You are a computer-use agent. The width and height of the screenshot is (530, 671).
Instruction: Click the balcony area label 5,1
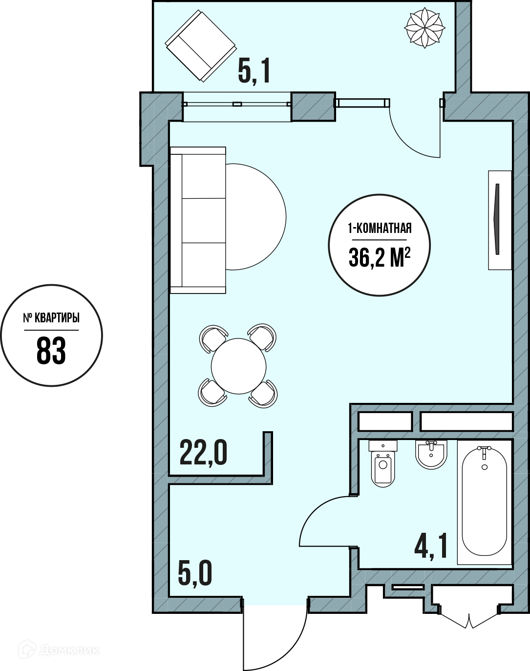pos(254,72)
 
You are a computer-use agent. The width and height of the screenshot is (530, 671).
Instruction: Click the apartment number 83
pos(51,351)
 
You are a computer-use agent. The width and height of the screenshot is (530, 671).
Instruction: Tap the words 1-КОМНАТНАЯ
pos(380,228)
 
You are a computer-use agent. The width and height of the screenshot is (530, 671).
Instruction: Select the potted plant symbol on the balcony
pos(424,28)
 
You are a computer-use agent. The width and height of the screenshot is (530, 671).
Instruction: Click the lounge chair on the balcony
pos(201,45)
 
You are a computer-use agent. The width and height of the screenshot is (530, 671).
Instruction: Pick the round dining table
pos(239,366)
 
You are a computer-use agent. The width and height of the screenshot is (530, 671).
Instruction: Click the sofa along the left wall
pos(198,220)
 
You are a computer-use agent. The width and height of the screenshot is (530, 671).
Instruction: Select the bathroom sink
pos(431,454)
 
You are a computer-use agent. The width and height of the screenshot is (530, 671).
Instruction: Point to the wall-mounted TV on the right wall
pos(500,220)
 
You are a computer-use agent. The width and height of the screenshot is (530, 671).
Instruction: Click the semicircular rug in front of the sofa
pos(256,217)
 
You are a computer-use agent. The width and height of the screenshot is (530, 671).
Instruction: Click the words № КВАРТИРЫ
pos(51,318)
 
